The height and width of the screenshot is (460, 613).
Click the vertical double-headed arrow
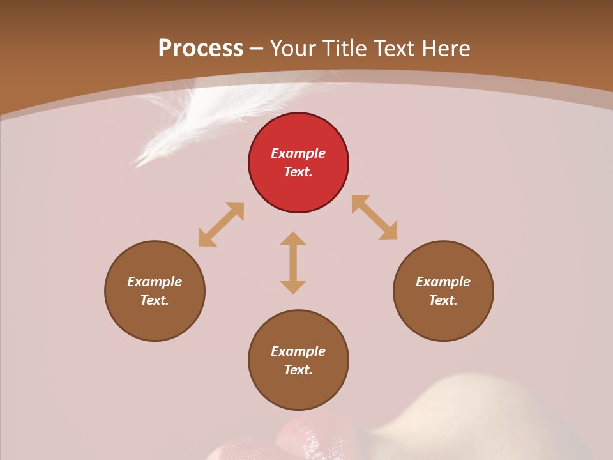pyautogui.click(x=293, y=263)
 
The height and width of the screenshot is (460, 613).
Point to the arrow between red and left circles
pyautogui.click(x=221, y=224)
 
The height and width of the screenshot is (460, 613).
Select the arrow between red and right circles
pyautogui.click(x=374, y=217)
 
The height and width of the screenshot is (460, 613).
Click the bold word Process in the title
pyautogui.click(x=201, y=48)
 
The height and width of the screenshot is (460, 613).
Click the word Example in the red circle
pyautogui.click(x=298, y=153)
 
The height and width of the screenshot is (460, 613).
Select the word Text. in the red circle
pyautogui.click(x=298, y=172)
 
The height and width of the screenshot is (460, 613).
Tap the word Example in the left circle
pyautogui.click(x=155, y=282)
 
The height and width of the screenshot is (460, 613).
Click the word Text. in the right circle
pyautogui.click(x=443, y=300)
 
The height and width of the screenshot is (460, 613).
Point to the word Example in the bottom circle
pyautogui.click(x=298, y=351)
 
